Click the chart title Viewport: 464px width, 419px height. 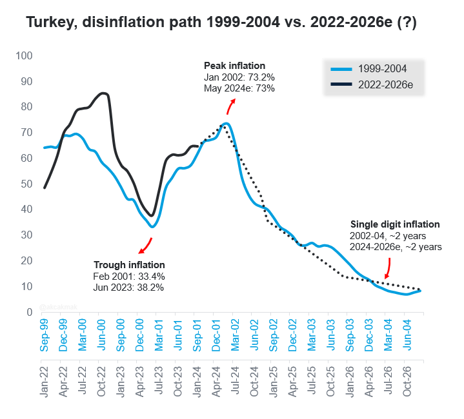221,22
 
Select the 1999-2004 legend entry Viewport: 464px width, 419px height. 368,69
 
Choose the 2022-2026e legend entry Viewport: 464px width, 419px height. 372,85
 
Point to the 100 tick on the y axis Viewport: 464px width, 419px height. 24,55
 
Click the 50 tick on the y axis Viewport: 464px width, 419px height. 26,184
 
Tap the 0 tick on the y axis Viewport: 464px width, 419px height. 30,312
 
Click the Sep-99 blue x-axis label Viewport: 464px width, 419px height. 44,335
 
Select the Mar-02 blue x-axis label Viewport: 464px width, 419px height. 235,335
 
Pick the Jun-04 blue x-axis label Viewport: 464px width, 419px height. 407,335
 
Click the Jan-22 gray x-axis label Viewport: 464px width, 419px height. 44,382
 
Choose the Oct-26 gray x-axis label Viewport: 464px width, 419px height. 407,382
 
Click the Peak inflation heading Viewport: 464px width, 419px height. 235,66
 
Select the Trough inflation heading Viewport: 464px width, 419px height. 129,265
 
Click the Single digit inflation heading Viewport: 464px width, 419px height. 395,224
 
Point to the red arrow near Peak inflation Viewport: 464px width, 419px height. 230,106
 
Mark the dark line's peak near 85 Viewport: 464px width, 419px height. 103,93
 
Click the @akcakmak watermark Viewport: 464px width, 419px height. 58,307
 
